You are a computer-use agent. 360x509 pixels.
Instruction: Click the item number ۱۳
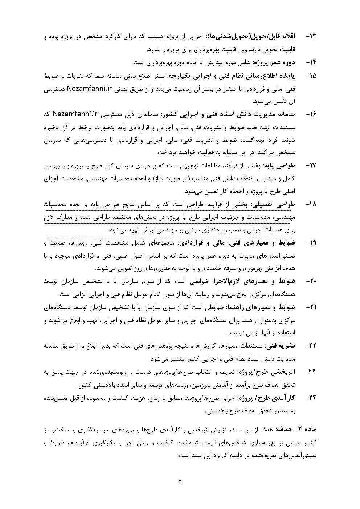(x=311, y=37)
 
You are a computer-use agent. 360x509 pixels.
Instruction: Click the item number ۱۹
(x=311, y=242)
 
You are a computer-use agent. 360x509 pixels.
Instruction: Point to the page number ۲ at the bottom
(x=180, y=482)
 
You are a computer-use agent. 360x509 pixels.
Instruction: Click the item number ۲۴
(x=311, y=398)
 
